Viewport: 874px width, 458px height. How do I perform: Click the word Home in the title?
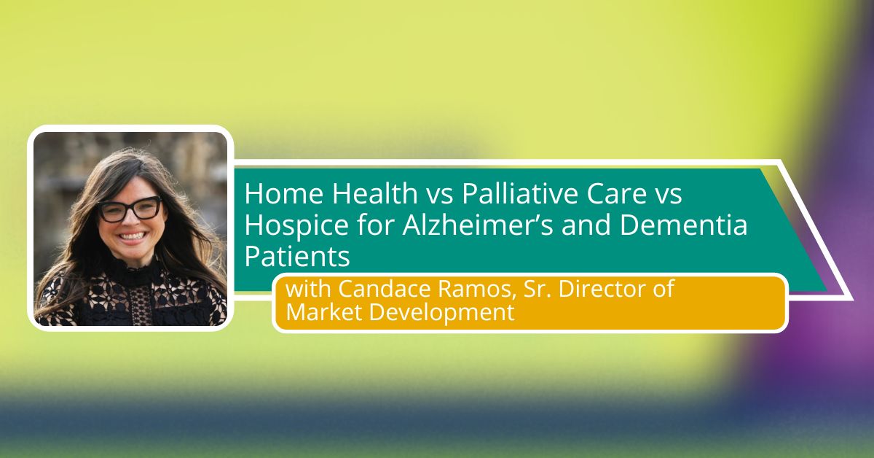point(284,193)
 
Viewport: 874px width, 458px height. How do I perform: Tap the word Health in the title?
point(375,193)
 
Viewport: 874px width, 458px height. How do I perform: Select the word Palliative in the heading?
point(520,193)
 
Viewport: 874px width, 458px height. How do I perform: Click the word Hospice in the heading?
point(296,225)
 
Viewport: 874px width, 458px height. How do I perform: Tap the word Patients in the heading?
point(297,257)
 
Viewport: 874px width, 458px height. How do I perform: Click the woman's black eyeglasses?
point(129,209)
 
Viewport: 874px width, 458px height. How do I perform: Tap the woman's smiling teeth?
point(131,236)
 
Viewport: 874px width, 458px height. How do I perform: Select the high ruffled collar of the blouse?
point(129,270)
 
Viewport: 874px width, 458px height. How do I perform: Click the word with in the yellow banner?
point(308,289)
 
